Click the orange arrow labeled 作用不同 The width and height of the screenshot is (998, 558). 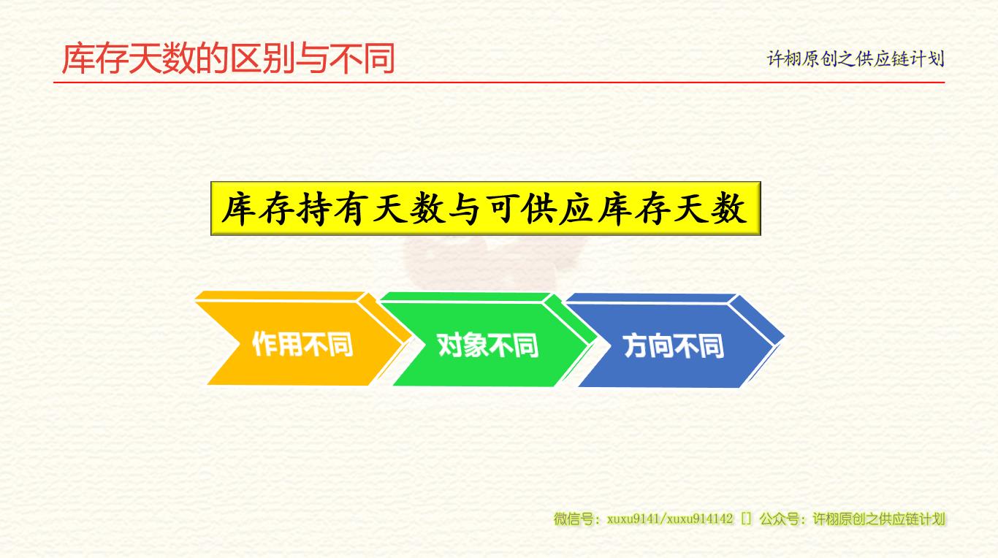pos(303,340)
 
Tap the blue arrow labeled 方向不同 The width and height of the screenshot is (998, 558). pos(674,341)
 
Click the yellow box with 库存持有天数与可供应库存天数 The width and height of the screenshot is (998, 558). pos(486,208)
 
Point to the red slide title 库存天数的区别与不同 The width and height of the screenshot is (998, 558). pos(229,58)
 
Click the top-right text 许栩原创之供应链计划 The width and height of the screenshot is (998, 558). pos(855,58)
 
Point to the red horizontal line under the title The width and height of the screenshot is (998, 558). pos(499,83)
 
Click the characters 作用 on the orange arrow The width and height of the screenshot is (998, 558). pos(277,344)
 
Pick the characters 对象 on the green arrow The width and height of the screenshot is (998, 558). pos(462,345)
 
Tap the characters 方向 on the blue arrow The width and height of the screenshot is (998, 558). pos(648,346)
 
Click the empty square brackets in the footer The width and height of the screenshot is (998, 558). pos(746,519)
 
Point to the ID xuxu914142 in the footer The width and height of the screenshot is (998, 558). pos(700,519)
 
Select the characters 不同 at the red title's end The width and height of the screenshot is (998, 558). pos(362,58)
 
